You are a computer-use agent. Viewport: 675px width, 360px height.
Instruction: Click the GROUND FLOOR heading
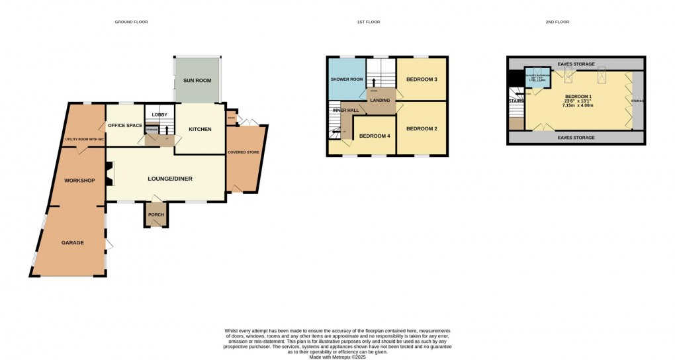(x=131, y=22)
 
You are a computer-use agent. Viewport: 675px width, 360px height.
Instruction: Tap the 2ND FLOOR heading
(x=558, y=22)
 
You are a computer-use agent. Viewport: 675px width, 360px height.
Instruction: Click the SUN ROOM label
(x=197, y=80)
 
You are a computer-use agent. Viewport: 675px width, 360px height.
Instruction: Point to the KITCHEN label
(x=200, y=129)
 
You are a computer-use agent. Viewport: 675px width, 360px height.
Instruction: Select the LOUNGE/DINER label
(x=165, y=178)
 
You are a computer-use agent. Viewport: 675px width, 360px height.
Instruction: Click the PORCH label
(x=156, y=214)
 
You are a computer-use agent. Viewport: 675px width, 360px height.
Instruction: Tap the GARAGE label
(x=73, y=243)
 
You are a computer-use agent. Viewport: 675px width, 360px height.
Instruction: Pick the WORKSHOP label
(x=80, y=181)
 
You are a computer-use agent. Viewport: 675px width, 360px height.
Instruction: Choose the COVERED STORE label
(x=243, y=152)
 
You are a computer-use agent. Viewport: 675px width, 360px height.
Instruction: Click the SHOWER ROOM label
(x=347, y=79)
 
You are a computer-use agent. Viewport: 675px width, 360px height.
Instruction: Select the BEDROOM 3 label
(x=422, y=79)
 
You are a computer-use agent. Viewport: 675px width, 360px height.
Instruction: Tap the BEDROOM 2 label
(x=422, y=128)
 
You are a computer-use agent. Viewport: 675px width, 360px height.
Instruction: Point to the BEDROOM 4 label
(x=375, y=136)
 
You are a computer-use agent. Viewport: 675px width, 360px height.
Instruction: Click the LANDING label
(x=380, y=100)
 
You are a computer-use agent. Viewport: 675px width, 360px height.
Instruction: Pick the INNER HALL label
(x=345, y=110)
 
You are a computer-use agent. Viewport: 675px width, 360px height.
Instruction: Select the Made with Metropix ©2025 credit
(x=337, y=357)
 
